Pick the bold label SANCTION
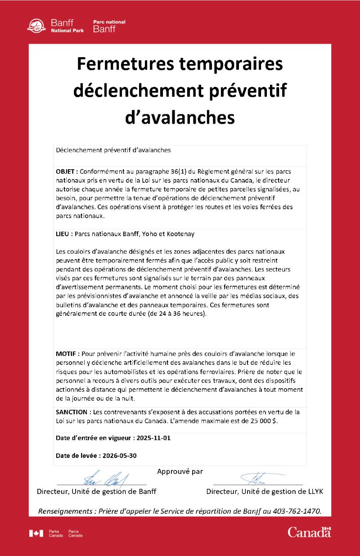pyautogui.click(x=72, y=412)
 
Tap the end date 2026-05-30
pyautogui.click(x=120, y=455)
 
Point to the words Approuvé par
pyautogui.click(x=180, y=471)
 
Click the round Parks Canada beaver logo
pyautogui.click(x=36, y=26)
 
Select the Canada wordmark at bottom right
pyautogui.click(x=309, y=532)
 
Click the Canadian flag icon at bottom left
pyautogui.click(x=36, y=533)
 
